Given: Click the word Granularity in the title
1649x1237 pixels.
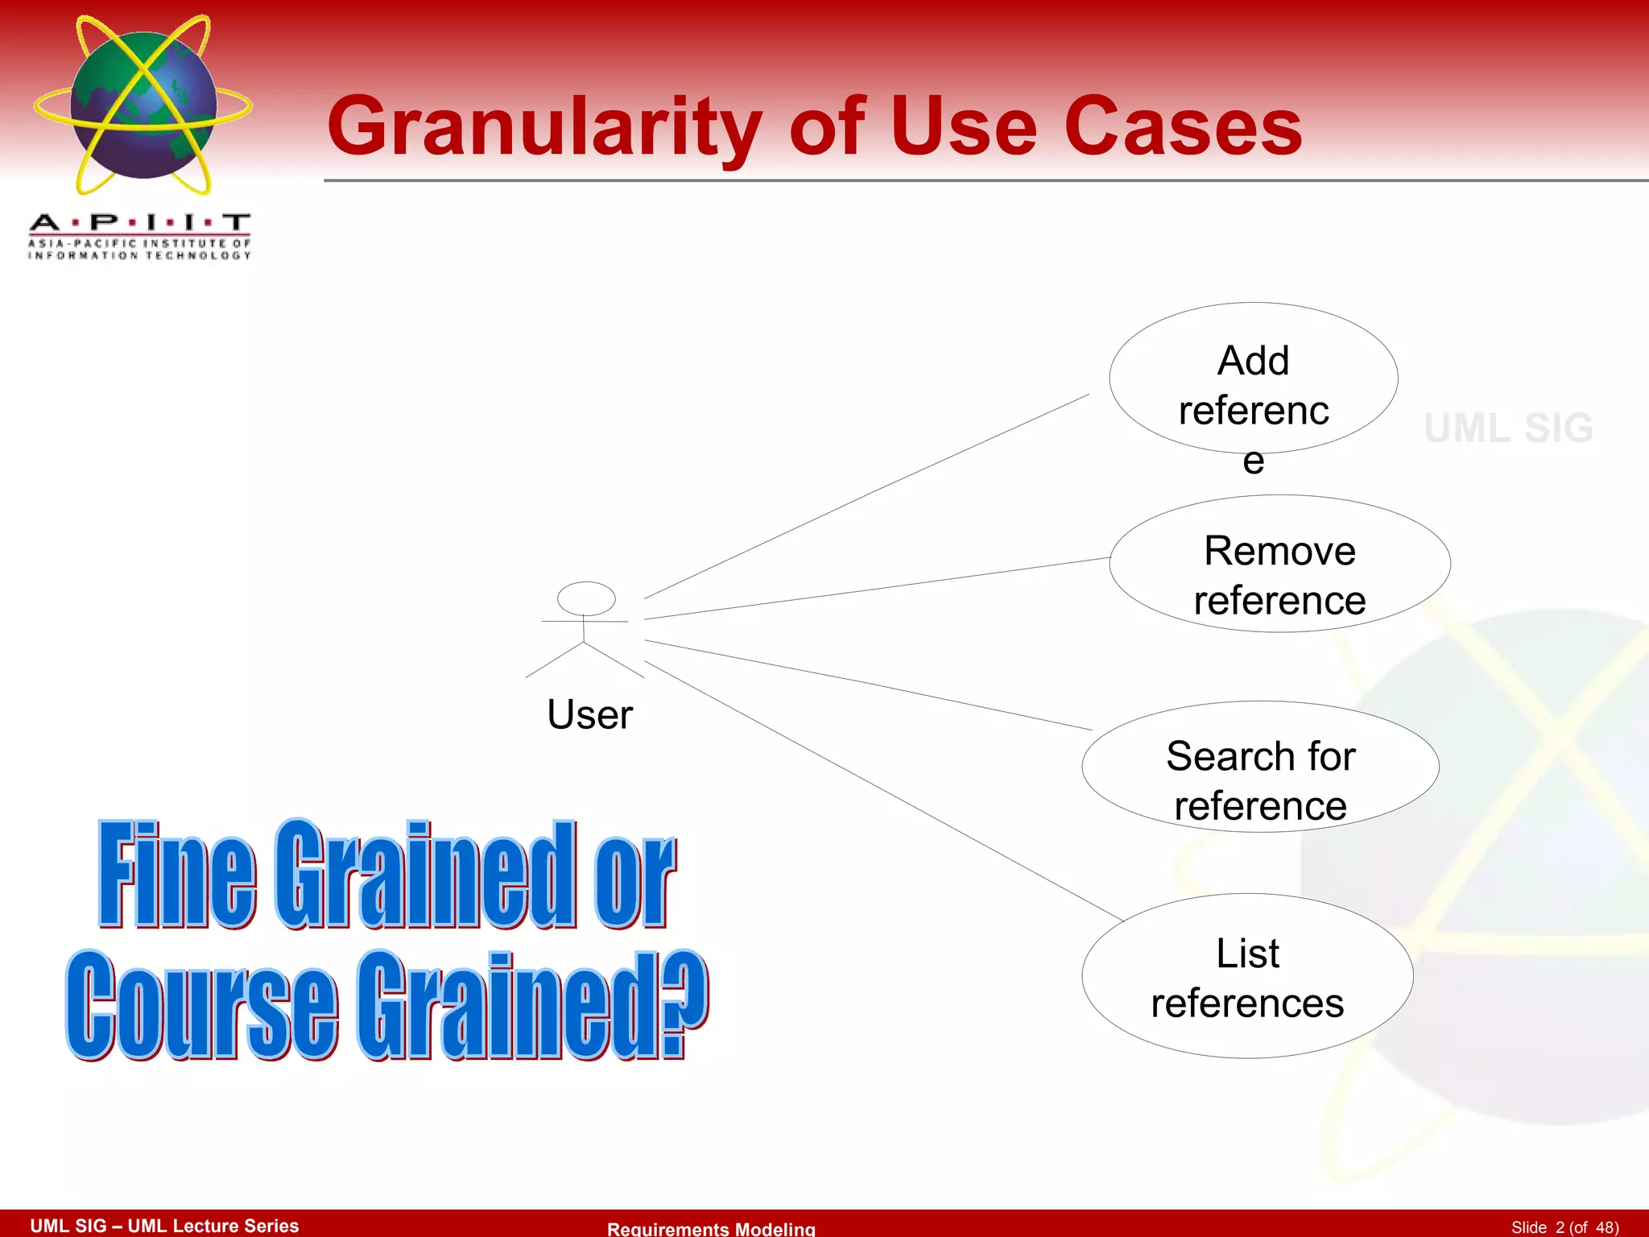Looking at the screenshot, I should pos(544,127).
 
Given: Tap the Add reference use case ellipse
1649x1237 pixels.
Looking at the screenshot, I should pos(1253,379).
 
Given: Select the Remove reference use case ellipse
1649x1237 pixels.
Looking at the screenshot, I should pos(1279,565).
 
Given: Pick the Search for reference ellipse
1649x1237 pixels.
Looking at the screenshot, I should pos(1260,767).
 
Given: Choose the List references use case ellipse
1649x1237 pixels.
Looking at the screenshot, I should pos(1247,976).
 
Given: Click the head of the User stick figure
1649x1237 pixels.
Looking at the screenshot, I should pos(586,598).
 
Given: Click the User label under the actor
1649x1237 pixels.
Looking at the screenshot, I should pos(589,715).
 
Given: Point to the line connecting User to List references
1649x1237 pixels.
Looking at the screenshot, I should pos(886,792).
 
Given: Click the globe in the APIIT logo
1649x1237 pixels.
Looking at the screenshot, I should pos(143,105).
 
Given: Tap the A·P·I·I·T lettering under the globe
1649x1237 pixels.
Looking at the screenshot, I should pos(140,222).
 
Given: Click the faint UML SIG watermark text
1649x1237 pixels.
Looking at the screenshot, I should pos(1508,428).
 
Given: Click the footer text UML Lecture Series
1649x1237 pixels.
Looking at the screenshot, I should pos(213,1226).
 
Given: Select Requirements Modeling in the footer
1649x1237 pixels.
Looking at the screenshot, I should pos(711,1228).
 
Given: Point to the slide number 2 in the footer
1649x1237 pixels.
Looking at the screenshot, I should pos(1560,1227).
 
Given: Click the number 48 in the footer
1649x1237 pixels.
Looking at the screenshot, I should pos(1606,1227).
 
